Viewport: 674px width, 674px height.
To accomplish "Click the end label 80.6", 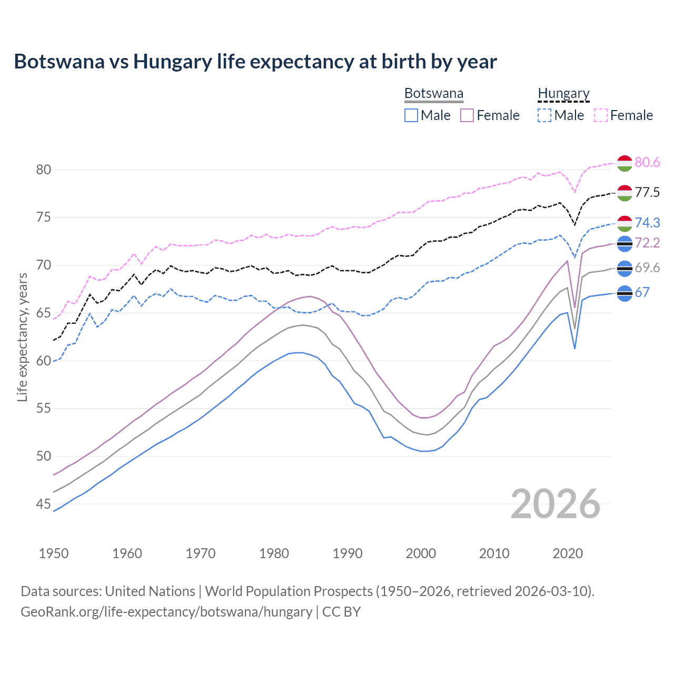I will tap(647, 163).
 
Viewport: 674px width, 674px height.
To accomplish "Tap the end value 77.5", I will tap(647, 193).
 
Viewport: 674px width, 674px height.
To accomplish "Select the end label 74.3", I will tap(647, 223).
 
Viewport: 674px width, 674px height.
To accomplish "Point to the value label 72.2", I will tap(647, 243).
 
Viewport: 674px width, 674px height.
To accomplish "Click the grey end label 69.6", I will tap(647, 268).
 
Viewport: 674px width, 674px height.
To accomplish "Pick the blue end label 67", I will tap(642, 293).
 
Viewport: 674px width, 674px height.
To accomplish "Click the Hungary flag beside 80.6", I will tap(625, 163).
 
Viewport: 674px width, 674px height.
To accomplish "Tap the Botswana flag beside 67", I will tap(625, 293).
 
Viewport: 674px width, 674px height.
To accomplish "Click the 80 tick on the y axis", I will tap(44, 170).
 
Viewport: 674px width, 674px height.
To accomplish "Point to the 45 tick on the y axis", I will tap(44, 504).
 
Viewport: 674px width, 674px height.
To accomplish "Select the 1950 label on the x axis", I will tap(54, 553).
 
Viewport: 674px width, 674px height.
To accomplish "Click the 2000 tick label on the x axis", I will tap(421, 553).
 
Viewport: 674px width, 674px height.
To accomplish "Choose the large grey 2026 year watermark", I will tap(556, 504).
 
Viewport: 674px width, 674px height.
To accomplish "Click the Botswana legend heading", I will tap(434, 94).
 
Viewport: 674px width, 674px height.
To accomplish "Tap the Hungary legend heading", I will tap(563, 94).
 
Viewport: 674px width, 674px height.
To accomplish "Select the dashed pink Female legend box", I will tap(601, 115).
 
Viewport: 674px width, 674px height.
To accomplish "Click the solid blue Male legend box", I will tap(411, 115).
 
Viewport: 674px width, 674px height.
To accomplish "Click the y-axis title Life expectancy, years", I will tap(22, 337).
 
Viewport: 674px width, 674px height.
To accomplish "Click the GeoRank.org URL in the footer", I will tap(166, 612).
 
